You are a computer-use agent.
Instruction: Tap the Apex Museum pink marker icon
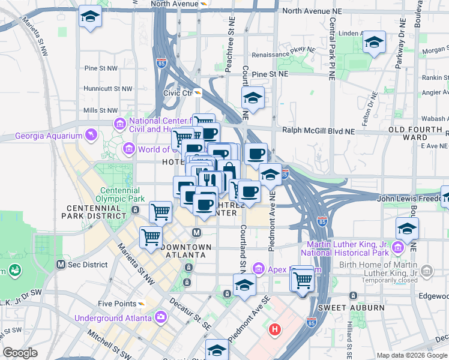coord(259,267)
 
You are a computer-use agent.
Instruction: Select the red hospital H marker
coord(275,329)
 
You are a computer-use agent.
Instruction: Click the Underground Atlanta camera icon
coord(160,316)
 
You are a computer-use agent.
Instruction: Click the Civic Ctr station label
coord(178,93)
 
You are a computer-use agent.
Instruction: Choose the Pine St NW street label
coord(101,68)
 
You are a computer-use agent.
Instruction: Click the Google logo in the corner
coord(20,353)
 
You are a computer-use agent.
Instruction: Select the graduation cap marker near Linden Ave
coord(374,43)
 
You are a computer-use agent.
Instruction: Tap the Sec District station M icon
coord(61,265)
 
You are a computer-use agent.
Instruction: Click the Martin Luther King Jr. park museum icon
coord(397,247)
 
